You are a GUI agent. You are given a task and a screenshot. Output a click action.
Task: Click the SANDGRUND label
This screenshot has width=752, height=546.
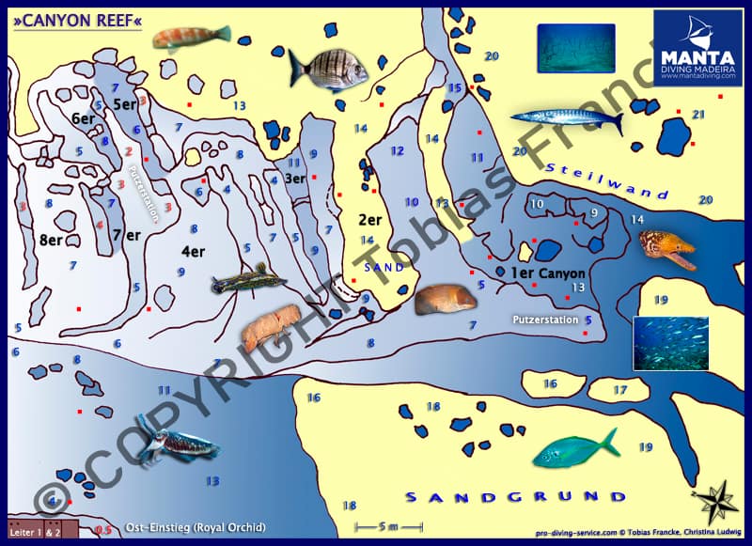click(514, 496)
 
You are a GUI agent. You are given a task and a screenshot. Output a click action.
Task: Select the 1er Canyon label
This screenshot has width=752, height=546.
click(547, 273)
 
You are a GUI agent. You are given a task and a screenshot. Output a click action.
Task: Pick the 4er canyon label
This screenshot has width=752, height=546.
click(192, 251)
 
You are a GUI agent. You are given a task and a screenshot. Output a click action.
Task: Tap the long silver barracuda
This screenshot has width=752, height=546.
click(567, 119)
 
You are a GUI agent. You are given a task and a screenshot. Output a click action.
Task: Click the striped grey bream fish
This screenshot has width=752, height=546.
click(328, 68)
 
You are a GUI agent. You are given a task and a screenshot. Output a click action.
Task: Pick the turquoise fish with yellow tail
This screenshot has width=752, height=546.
click(575, 448)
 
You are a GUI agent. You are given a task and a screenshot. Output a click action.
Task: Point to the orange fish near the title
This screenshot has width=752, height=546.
click(192, 37)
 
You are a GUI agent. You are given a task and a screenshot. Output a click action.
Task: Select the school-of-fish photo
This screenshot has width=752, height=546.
click(670, 343)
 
